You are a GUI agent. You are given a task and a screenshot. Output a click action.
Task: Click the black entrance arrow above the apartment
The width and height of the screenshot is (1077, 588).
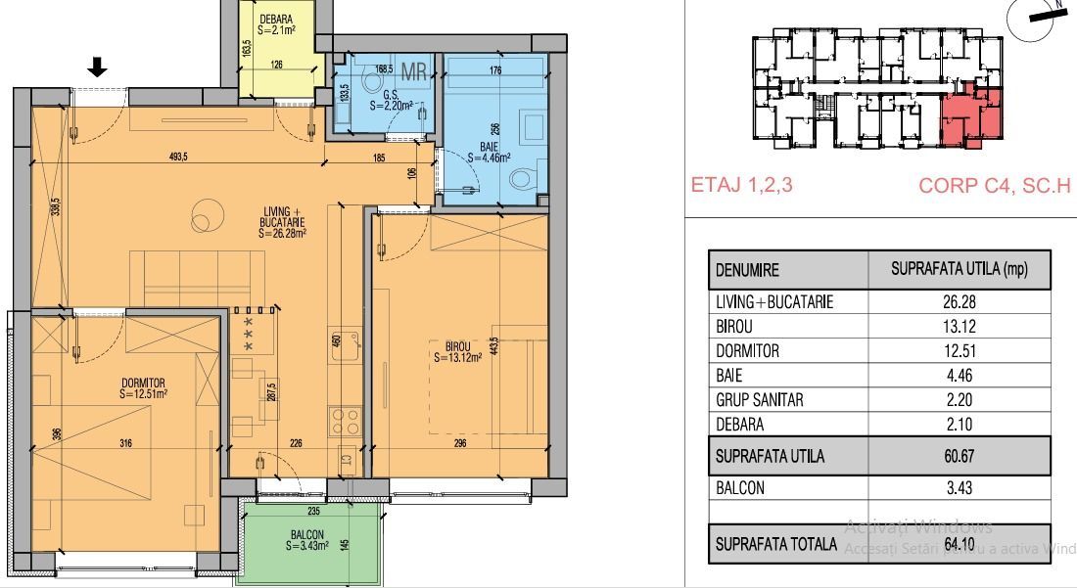pos(97,67)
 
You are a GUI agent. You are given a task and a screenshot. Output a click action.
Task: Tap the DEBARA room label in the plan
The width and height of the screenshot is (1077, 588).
pos(276,24)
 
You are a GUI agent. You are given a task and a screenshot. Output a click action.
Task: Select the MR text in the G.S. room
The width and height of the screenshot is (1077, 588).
pos(413,70)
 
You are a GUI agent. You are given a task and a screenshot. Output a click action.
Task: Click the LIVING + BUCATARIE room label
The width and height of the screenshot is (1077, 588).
pos(283,222)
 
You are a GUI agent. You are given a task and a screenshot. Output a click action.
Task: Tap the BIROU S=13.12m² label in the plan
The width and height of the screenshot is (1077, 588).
pos(458,352)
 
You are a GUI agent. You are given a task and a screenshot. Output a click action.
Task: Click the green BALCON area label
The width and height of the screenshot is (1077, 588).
pos(306,541)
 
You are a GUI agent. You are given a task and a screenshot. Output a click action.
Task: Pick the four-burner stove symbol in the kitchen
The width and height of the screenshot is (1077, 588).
pos(345,421)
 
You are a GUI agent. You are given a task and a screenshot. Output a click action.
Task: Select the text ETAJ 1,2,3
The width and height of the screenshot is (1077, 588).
pos(742,185)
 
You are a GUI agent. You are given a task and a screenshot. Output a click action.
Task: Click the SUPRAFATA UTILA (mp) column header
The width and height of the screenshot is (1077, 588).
pos(959,270)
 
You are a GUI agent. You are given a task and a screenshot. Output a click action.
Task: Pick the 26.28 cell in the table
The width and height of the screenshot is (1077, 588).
pos(959,303)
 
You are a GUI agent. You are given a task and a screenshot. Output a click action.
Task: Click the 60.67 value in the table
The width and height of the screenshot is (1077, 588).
pos(959,456)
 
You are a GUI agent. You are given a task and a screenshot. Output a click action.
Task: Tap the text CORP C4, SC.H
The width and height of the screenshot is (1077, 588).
pos(995,185)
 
